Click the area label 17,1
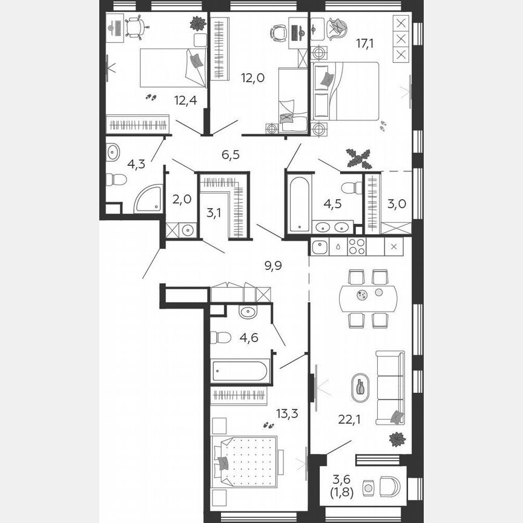click(x=364, y=44)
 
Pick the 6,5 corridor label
click(x=231, y=154)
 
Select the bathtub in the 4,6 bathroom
click(x=240, y=370)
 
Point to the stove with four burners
click(x=357, y=246)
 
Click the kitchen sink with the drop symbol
click(x=321, y=246)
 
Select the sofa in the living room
click(x=390, y=387)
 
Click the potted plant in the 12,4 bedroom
click(x=197, y=24)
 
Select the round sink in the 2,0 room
click(x=188, y=230)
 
